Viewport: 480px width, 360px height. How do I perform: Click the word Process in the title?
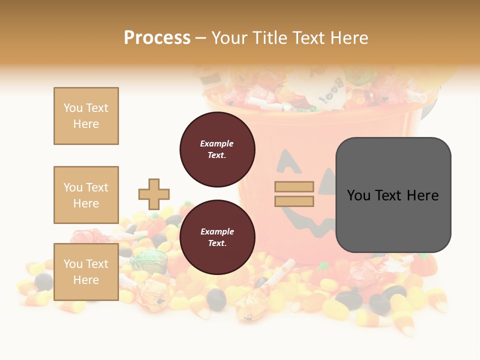coord(157,38)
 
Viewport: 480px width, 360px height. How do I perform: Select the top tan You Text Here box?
coord(86,116)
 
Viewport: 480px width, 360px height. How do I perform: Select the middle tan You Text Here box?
coord(86,195)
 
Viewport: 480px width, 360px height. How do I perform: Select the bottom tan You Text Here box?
coord(86,272)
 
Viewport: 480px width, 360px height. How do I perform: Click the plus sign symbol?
coord(154,194)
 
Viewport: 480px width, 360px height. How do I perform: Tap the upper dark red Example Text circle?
coord(217,149)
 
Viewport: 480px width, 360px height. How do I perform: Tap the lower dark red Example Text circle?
coord(217,237)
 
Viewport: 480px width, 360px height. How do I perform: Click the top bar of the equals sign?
coord(294,187)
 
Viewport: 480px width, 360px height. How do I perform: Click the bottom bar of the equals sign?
coord(294,201)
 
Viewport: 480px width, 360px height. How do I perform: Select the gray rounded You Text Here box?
coord(393,195)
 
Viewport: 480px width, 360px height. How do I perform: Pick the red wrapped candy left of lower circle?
coord(88,236)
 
